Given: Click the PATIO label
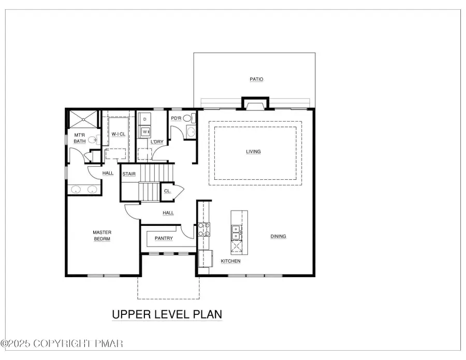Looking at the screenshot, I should [256, 79].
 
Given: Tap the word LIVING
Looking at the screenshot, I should [253, 152].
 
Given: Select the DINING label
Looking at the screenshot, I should [278, 237].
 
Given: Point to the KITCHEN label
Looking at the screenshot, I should [230, 261].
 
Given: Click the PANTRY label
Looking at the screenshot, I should [164, 238].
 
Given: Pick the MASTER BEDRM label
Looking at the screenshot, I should [102, 236].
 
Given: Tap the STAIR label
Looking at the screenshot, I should [129, 174].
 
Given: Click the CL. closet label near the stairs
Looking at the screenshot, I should [167, 191].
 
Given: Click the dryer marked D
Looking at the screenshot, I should [145, 119].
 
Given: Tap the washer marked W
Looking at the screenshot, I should [145, 132].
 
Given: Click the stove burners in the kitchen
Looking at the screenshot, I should [204, 229].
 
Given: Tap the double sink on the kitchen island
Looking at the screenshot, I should [236, 232].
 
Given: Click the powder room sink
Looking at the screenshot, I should [191, 132].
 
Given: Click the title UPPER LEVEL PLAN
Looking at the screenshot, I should [167, 314].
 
